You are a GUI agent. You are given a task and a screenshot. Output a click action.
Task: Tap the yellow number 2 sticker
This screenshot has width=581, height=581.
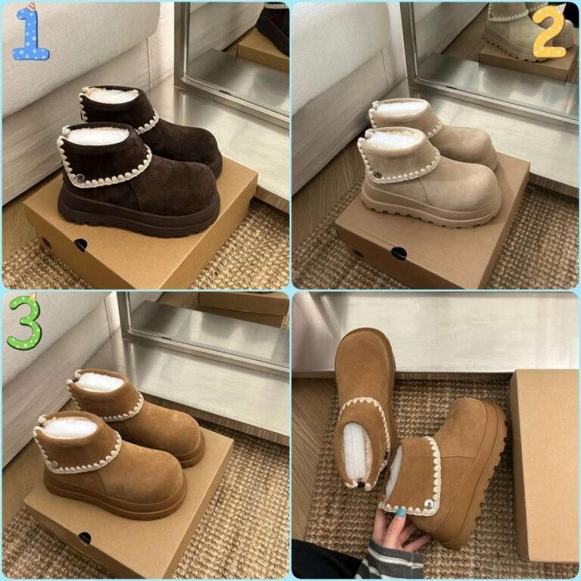[x=550, y=32]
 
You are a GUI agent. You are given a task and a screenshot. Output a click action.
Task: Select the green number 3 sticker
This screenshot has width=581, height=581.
[x=25, y=322]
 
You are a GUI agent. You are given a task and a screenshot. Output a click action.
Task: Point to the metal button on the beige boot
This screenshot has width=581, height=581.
[x=377, y=173]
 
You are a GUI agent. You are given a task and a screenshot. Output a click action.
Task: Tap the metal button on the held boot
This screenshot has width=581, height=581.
[x=430, y=504]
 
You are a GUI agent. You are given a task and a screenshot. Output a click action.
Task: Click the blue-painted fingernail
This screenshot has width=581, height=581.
[x=401, y=513]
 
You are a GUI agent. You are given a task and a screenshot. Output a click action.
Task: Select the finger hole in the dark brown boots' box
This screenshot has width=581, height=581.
[x=80, y=244]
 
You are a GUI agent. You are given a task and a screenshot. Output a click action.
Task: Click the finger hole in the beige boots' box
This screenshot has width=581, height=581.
[x=399, y=253]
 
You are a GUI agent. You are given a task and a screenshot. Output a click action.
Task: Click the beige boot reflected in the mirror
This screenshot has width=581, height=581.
[x=527, y=32]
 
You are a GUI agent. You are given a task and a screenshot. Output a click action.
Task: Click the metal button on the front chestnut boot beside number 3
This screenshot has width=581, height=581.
[x=54, y=464]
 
